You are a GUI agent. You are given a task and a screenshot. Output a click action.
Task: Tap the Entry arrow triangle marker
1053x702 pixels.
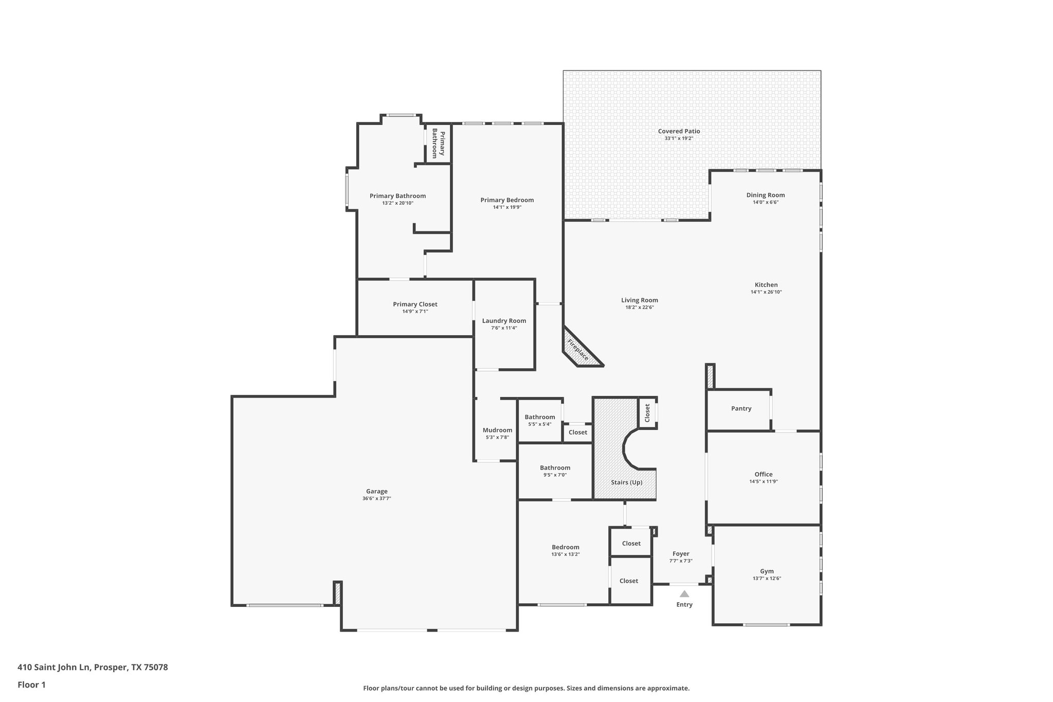coord(684,593)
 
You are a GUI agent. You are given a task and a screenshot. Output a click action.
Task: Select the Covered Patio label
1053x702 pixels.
coord(679,131)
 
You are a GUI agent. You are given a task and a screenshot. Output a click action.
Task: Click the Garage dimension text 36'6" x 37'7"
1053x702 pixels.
coord(376,498)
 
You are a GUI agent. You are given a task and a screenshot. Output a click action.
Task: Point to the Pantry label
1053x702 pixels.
coord(741,408)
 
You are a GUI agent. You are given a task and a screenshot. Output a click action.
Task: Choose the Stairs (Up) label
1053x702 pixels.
coord(626,482)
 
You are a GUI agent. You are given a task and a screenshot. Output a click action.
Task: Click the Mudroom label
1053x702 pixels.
coord(497,430)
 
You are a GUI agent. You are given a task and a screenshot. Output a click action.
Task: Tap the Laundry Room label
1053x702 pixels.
coord(504,320)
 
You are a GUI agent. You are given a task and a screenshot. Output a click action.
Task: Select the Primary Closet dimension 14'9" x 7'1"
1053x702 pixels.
coord(415,311)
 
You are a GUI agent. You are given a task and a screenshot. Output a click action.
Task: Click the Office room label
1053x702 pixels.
coord(764,474)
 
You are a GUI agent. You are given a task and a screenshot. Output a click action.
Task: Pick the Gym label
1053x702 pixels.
coord(767,571)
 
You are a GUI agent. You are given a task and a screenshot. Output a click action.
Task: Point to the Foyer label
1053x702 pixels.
coord(681,554)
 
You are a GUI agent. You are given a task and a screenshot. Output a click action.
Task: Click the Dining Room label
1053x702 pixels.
coord(766,195)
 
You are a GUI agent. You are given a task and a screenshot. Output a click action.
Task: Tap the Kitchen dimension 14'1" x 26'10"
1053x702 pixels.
coord(766,292)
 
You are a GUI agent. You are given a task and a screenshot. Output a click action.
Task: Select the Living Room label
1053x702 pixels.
coord(639,300)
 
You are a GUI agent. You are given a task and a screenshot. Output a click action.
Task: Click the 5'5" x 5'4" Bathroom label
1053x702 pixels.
coord(540,417)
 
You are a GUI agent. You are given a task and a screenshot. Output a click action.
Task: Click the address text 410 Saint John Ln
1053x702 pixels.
coord(54,668)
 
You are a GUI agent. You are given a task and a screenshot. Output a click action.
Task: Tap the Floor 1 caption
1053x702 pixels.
coord(31,685)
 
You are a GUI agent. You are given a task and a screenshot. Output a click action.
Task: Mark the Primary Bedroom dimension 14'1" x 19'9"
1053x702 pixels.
coord(507,207)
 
